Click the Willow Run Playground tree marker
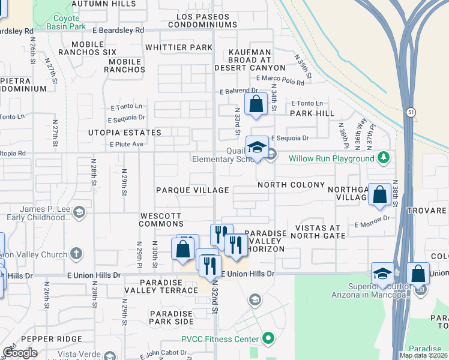384,158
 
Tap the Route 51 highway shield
409,112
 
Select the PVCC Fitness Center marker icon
268,339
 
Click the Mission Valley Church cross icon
76,254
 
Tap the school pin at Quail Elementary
257,148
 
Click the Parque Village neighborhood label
192,190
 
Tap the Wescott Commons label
161,220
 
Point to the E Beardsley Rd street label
118,29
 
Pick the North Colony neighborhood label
291,185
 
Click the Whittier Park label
179,47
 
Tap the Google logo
20,353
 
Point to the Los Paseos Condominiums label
202,20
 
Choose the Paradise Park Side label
171,317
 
